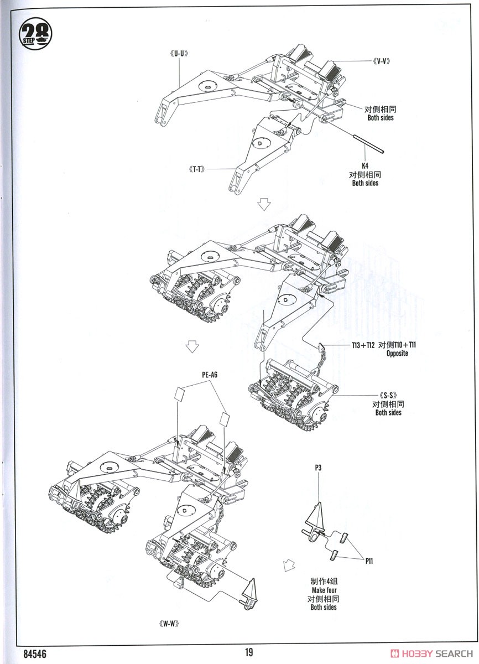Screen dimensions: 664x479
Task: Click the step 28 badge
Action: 36,33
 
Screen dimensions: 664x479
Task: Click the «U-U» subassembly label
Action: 180,54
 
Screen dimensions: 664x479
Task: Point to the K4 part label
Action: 366,165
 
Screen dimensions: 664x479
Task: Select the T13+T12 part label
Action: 363,345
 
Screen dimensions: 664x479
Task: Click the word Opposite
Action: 397,354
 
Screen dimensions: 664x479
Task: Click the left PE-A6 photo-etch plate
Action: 180,395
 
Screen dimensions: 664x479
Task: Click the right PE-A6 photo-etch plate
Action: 223,418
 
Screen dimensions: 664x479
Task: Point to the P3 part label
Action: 319,468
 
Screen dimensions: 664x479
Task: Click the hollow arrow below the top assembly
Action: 264,204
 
